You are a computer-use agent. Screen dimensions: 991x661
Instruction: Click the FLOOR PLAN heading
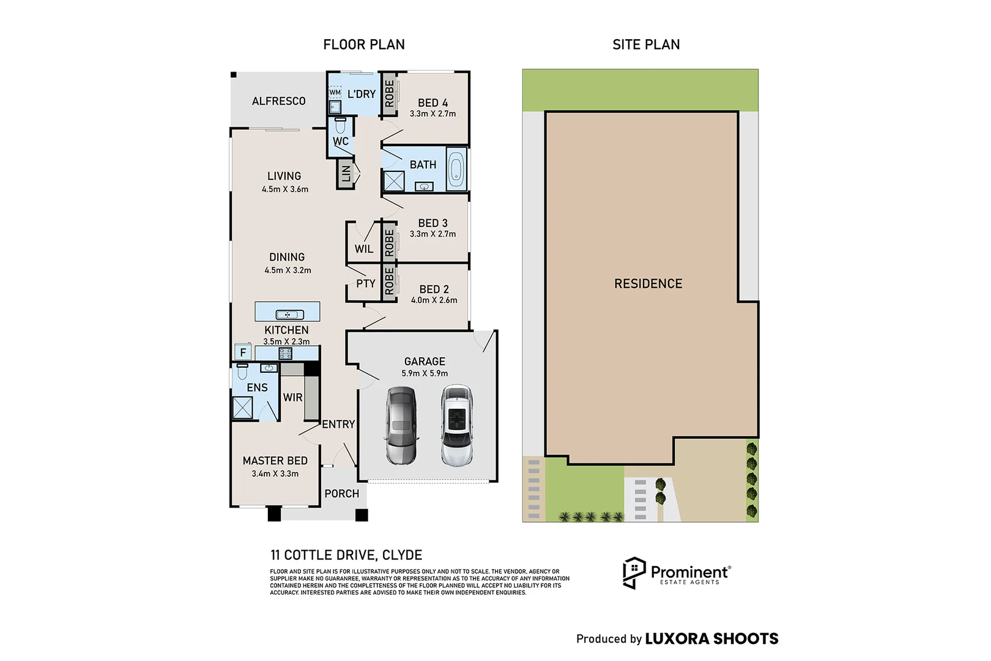tap(363, 45)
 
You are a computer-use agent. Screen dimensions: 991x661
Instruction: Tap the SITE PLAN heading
tap(646, 45)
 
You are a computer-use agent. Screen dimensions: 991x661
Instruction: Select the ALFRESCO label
tap(279, 102)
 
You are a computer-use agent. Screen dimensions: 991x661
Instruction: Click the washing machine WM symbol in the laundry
tap(335, 92)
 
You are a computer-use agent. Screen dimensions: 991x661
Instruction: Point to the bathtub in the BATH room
tap(456, 170)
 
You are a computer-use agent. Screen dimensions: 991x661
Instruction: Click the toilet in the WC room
tap(340, 125)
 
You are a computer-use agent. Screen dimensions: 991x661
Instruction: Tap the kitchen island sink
tap(290, 315)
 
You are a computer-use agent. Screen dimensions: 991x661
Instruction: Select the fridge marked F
tap(243, 353)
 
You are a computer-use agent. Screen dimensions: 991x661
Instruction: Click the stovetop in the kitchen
tap(285, 353)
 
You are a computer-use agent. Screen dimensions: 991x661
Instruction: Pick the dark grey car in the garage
tap(401, 425)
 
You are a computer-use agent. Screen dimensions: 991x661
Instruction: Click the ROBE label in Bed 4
tap(389, 94)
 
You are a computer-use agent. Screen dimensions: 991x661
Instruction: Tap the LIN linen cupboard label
tap(346, 173)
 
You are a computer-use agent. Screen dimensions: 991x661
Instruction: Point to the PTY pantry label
tap(366, 284)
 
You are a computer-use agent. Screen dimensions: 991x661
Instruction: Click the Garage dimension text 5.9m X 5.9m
tap(425, 373)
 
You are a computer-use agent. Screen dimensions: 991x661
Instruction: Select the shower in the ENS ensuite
tap(242, 408)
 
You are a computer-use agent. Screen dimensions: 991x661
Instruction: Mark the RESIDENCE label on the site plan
tap(648, 284)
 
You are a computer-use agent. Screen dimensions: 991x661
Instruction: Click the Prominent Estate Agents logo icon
tap(634, 573)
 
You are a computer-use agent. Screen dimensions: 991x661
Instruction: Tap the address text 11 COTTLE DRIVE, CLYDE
tap(346, 555)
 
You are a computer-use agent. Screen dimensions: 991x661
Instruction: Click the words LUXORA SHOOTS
tap(711, 638)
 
